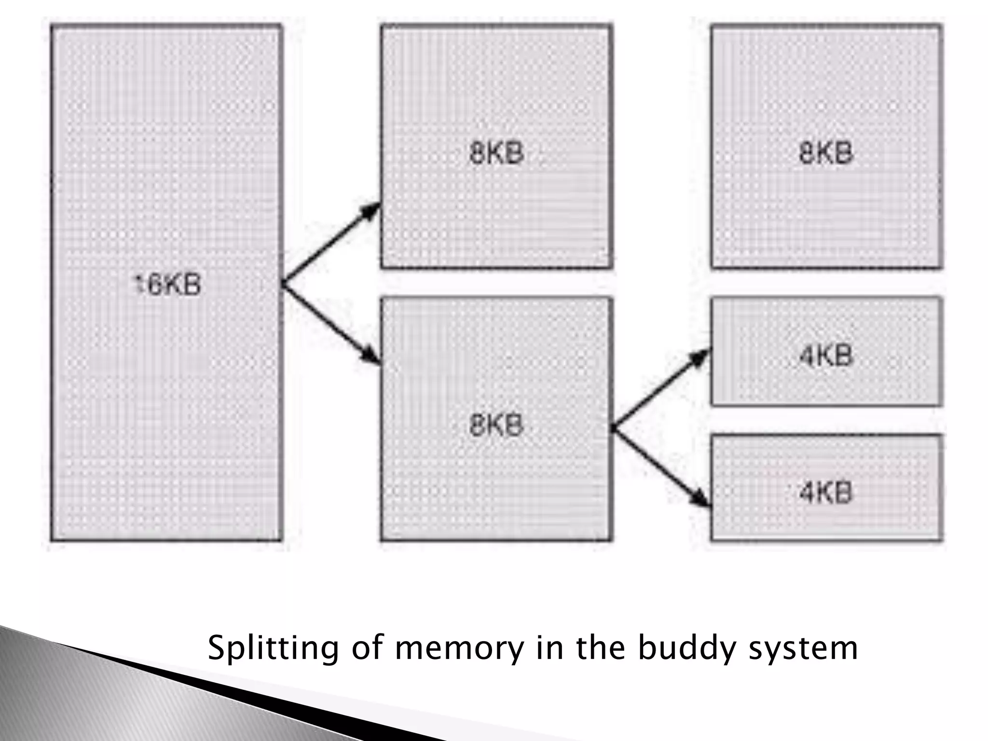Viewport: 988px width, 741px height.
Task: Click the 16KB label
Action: click(166, 285)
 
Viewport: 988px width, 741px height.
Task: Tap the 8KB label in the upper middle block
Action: click(496, 154)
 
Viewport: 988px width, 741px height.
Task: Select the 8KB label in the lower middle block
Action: click(496, 425)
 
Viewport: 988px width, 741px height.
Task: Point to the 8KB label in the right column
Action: click(826, 153)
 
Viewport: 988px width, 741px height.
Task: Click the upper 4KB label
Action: click(826, 356)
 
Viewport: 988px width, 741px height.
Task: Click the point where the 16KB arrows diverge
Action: click(283, 284)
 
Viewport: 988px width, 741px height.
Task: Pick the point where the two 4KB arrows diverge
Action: click(613, 427)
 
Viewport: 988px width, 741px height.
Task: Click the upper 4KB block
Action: click(826, 376)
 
